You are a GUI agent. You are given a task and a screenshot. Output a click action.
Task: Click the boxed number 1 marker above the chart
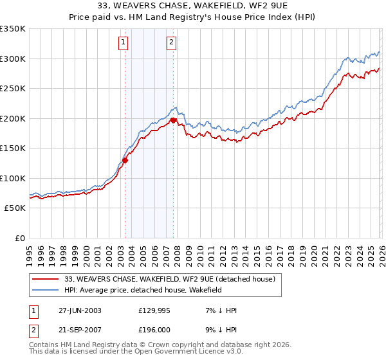(123, 43)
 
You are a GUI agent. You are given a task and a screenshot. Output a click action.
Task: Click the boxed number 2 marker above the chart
(172, 43)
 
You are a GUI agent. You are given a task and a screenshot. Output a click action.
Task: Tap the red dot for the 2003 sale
(125, 161)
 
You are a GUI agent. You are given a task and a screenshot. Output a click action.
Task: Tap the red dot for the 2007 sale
(174, 120)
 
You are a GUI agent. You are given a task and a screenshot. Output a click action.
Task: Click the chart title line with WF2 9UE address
(193, 7)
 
